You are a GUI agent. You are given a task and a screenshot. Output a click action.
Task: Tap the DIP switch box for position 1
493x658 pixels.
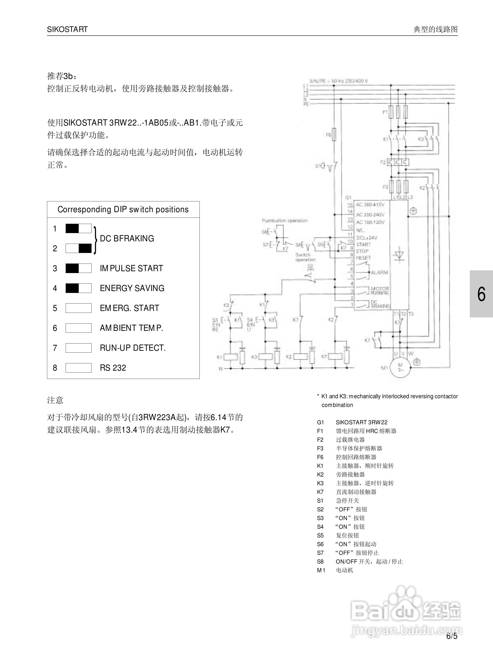79,229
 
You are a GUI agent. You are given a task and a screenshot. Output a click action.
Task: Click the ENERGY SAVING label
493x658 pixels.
132,288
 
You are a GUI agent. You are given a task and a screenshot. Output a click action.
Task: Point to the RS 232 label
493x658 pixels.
113,368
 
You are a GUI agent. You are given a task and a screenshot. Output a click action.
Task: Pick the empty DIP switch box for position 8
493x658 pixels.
79,368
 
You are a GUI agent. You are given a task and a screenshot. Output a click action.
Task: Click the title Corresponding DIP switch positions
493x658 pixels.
123,209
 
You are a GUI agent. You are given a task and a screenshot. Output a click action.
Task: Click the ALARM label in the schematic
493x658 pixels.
379,272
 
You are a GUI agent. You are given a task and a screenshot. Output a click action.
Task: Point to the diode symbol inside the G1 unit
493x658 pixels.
399,255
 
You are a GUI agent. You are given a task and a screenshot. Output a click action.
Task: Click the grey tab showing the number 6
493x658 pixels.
481,294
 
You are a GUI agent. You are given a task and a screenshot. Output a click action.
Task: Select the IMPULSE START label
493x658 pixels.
131,268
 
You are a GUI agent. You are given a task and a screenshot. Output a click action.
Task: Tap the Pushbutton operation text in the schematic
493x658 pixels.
285,220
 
